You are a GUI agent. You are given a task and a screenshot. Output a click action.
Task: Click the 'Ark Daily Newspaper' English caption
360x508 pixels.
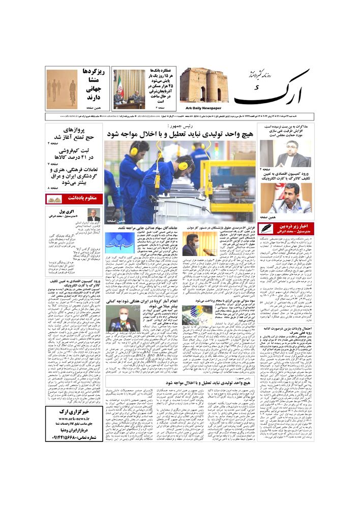click(201, 108)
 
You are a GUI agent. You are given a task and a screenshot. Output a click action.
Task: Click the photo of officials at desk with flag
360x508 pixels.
click(129, 90)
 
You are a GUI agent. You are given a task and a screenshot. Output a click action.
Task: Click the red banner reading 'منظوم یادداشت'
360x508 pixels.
click(75, 198)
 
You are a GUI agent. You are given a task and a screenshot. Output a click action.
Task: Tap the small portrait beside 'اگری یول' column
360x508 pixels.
click(94, 215)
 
